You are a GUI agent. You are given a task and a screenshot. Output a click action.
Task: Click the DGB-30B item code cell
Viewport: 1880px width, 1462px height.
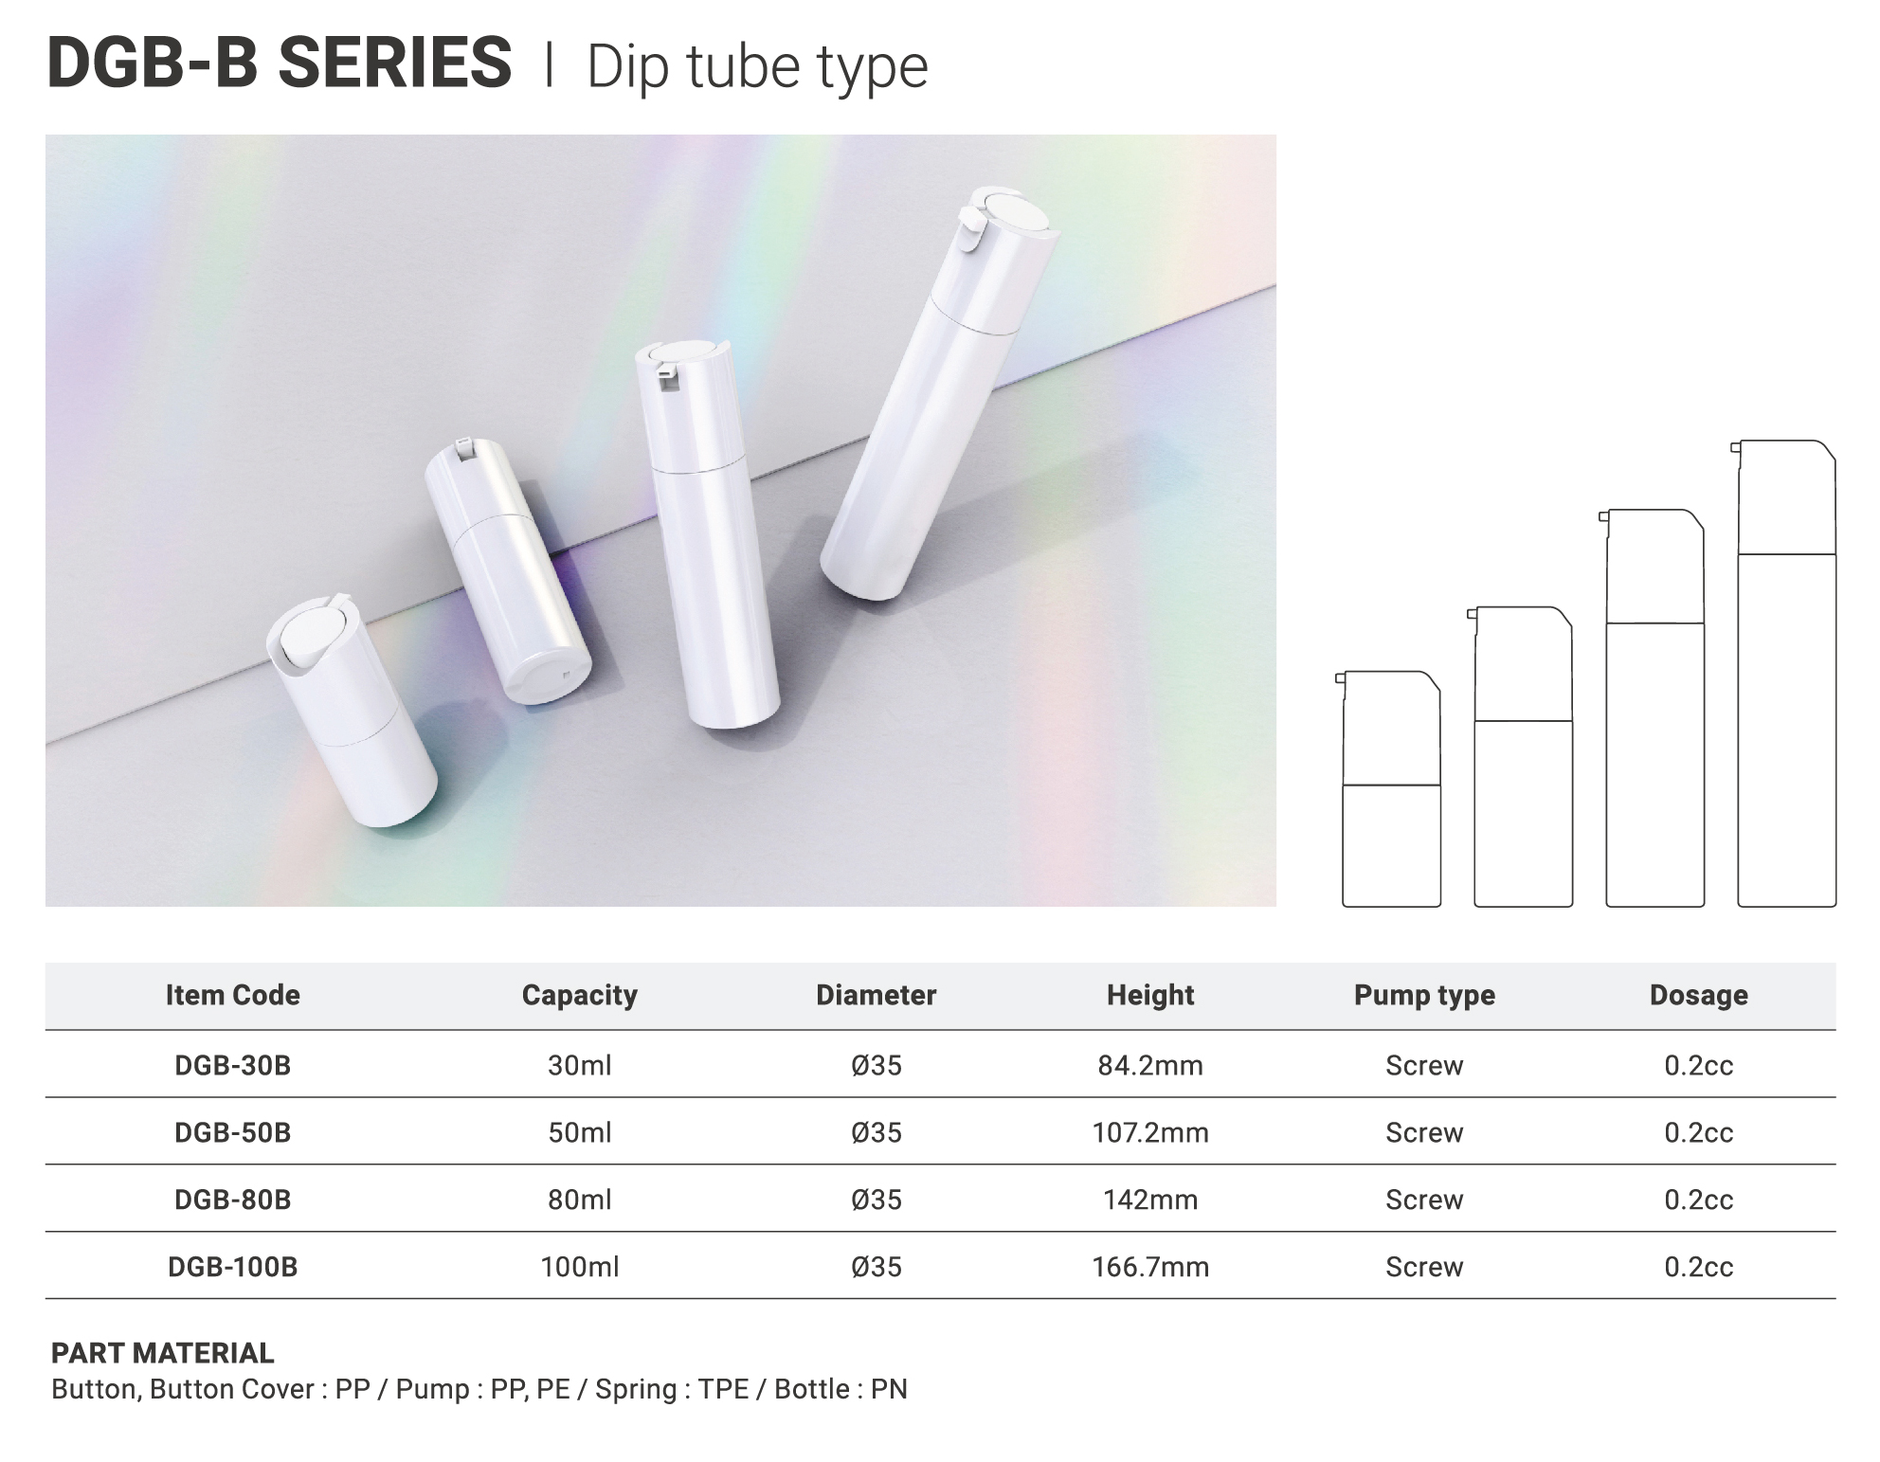[232, 1065]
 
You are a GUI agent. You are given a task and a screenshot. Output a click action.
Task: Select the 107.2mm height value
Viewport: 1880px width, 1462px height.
[1150, 1132]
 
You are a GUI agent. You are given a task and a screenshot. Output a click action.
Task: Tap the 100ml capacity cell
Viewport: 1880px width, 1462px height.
[580, 1267]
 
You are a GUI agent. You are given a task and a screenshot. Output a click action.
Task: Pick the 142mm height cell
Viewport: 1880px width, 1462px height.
[1150, 1200]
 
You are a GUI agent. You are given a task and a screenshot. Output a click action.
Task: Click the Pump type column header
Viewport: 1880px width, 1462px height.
[1424, 995]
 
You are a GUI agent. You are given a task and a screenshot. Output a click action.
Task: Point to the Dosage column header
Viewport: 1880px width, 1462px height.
[1699, 995]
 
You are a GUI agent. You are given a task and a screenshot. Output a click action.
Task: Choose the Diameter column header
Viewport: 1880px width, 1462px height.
[877, 995]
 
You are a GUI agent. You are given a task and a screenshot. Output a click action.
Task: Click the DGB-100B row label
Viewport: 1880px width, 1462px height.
[232, 1267]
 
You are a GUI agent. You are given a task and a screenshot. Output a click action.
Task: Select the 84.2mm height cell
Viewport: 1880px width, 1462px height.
[1150, 1065]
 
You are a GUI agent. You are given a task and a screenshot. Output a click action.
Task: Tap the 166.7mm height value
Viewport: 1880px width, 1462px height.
[1150, 1267]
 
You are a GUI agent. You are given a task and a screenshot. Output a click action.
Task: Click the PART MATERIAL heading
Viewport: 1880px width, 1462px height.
[163, 1353]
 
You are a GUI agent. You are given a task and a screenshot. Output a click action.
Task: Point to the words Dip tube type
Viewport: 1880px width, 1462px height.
[757, 67]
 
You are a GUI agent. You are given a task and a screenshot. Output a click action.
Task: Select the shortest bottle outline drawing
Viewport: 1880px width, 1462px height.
[1389, 789]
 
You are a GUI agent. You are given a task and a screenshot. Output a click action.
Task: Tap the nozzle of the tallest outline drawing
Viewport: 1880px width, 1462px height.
[1736, 447]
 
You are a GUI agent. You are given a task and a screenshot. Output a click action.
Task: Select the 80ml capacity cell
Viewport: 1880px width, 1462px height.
[580, 1200]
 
